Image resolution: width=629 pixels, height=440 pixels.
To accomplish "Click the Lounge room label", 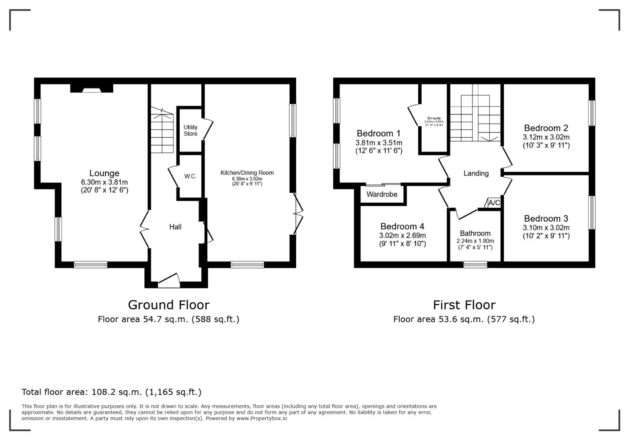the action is pyautogui.click(x=104, y=173).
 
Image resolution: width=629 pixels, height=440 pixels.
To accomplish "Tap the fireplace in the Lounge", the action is pyautogui.click(x=92, y=88).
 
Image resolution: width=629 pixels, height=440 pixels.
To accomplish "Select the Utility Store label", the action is pyautogui.click(x=190, y=130).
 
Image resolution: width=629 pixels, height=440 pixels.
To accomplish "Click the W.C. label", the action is pyautogui.click(x=190, y=176).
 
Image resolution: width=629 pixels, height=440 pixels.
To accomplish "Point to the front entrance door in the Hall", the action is pyautogui.click(x=169, y=280).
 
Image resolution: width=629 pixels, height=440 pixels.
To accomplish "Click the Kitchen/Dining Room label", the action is pyautogui.click(x=247, y=173).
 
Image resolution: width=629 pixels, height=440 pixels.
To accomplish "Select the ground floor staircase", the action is pyautogui.click(x=162, y=130).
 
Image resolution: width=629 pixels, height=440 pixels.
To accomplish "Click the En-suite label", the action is pyautogui.click(x=434, y=118).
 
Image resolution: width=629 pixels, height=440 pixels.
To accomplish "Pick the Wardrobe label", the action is pyautogui.click(x=382, y=194).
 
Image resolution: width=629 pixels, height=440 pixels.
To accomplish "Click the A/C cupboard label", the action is pyautogui.click(x=494, y=202).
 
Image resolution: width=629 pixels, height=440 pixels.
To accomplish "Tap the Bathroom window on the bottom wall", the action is pyautogui.click(x=475, y=264).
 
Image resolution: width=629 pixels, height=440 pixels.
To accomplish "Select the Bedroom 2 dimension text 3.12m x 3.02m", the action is pyautogui.click(x=546, y=137).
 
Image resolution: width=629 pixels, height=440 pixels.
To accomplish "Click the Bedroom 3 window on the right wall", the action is pyautogui.click(x=592, y=213).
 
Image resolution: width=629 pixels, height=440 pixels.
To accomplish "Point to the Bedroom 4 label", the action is pyautogui.click(x=402, y=226).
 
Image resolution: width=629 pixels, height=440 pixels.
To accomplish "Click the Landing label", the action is pyautogui.click(x=476, y=173).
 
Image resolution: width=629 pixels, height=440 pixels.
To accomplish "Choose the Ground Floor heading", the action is pyautogui.click(x=169, y=305).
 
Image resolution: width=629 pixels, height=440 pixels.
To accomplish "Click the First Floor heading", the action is pyautogui.click(x=464, y=305).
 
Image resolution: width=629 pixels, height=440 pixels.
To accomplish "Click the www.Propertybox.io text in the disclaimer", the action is pyautogui.click(x=262, y=418).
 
